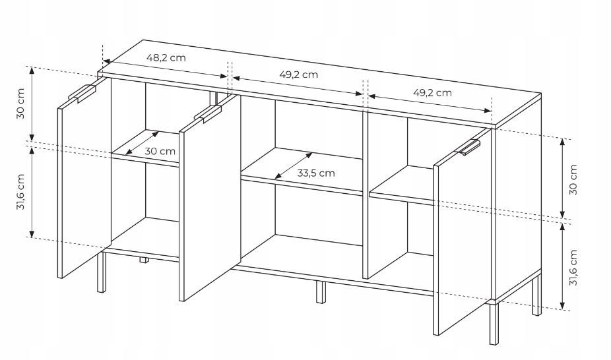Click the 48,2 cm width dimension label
coord(166,57)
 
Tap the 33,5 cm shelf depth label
coord(316,173)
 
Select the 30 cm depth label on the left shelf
coord(160,151)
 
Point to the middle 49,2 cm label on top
coord(298,75)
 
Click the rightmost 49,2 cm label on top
coord(432,92)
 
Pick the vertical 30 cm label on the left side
coord(20,104)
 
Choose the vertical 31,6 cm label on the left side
coord(20,192)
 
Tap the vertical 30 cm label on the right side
coord(573,179)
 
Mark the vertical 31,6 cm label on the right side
coord(573,268)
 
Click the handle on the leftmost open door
coord(82,94)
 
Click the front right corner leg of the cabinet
coord(494,322)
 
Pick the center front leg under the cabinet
coord(320,292)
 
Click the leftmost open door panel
coord(84,178)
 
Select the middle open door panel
coord(210,198)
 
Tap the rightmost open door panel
coord(463,232)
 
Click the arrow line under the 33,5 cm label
coord(293,165)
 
